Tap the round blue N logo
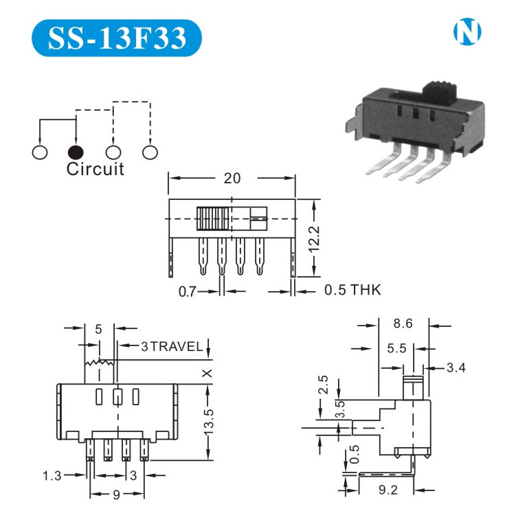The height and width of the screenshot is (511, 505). (x=467, y=32)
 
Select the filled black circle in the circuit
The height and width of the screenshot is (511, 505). (x=76, y=152)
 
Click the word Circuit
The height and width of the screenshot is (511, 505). (x=96, y=170)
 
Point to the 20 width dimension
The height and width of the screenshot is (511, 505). (x=232, y=178)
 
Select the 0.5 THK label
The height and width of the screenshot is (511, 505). (x=352, y=291)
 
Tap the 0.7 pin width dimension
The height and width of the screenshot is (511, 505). (x=188, y=291)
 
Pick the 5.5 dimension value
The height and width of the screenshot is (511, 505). (x=396, y=349)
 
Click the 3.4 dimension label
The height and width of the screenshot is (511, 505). (x=456, y=368)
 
